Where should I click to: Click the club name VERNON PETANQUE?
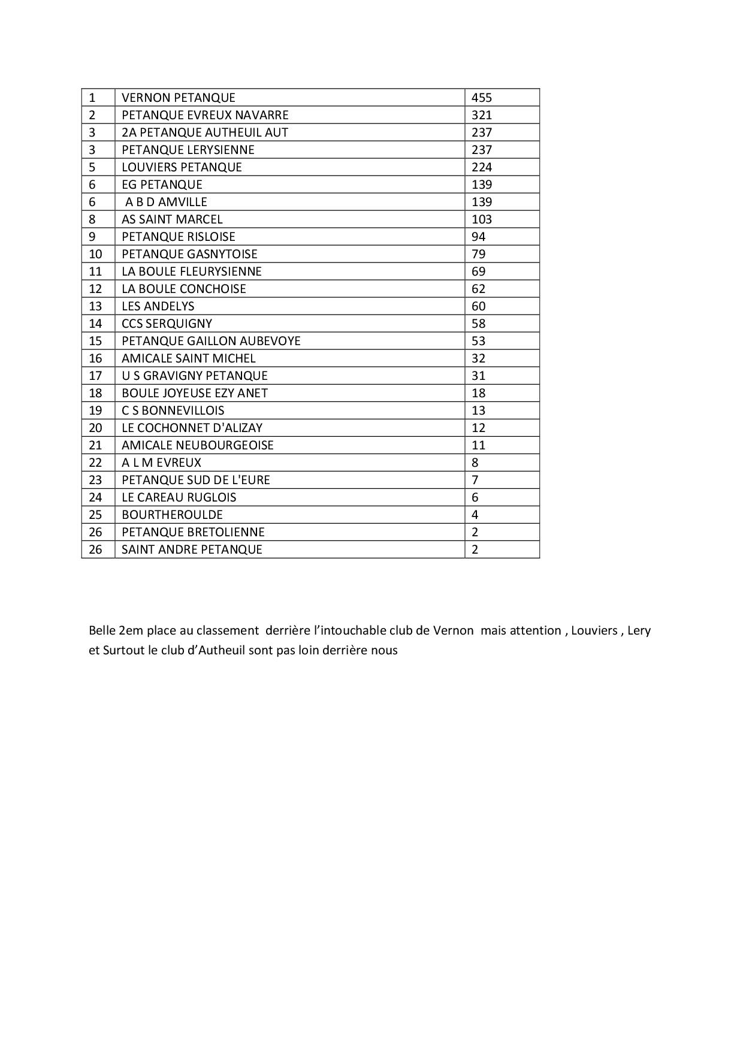click(178, 98)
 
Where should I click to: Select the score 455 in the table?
click(481, 98)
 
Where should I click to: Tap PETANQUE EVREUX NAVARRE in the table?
click(205, 115)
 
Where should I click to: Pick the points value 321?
click(481, 115)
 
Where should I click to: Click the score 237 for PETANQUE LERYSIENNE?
click(481, 150)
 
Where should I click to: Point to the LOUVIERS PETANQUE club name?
click(182, 167)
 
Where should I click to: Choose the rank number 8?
click(92, 219)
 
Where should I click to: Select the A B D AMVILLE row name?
click(166, 202)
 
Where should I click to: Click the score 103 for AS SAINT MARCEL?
click(481, 219)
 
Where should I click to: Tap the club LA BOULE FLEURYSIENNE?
click(192, 271)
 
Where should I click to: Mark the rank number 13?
click(95, 306)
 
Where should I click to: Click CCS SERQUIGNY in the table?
click(167, 324)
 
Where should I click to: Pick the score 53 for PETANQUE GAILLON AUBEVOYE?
click(478, 341)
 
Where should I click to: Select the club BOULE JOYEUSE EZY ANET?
click(195, 393)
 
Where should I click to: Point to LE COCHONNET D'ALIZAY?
click(192, 428)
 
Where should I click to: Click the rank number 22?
click(95, 463)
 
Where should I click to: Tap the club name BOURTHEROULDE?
click(172, 515)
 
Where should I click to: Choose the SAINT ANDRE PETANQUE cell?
click(192, 549)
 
